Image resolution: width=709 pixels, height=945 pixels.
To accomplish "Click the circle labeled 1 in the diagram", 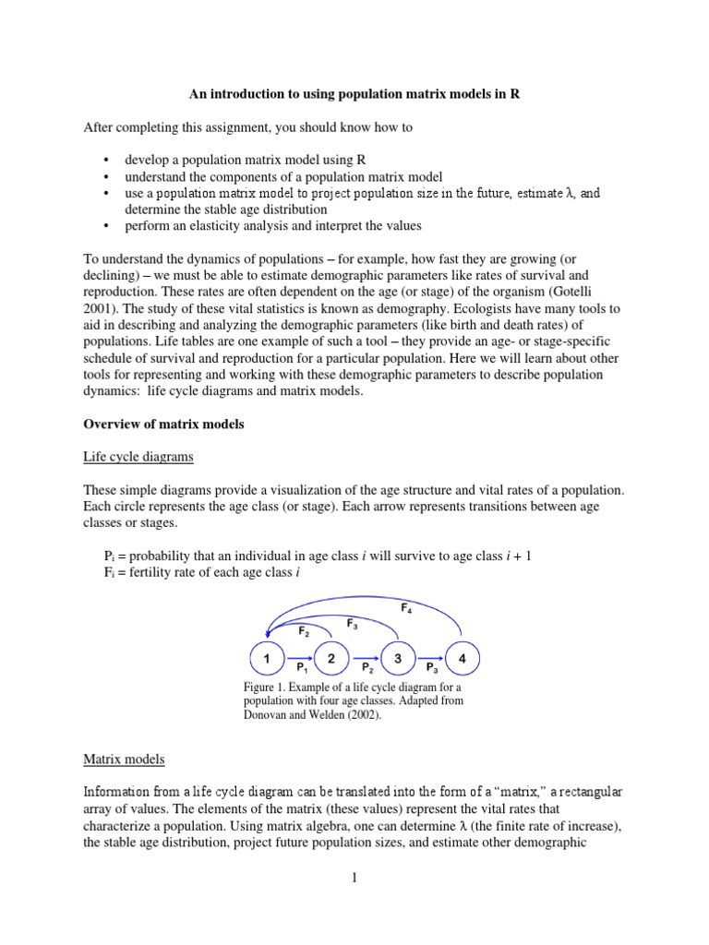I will (267, 658).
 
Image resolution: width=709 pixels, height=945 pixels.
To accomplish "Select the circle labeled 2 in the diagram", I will (331, 658).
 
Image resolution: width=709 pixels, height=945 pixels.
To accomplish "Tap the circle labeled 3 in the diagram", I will (397, 658).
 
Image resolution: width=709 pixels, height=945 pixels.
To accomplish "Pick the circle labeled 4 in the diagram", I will (462, 658).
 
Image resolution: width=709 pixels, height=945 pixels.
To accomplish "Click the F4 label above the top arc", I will (406, 609).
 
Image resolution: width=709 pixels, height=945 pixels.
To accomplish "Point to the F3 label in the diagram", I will (353, 625).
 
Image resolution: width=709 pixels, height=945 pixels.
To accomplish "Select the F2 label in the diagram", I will (304, 631).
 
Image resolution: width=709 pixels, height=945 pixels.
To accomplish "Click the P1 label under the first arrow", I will (300, 666).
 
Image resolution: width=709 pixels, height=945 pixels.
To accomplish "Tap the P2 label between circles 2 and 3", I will (366, 666).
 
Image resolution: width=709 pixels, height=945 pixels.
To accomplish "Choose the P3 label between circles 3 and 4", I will (430, 666).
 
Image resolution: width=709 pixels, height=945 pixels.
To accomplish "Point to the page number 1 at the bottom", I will (354, 877).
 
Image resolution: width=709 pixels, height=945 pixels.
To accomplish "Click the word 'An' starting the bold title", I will (198, 93).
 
